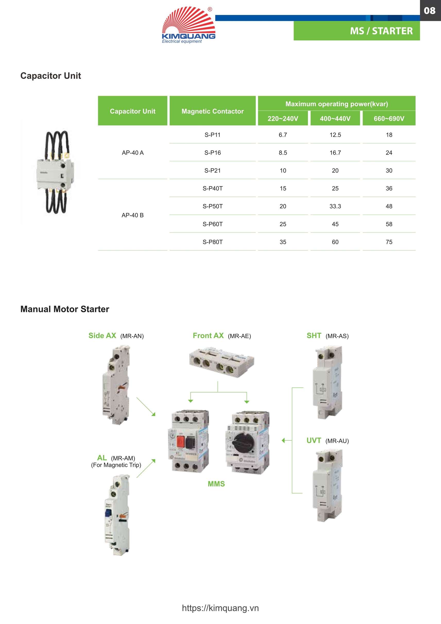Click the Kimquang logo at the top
click(x=188, y=25)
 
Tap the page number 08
click(x=429, y=11)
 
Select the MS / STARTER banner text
click(x=381, y=31)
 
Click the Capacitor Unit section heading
click(x=50, y=76)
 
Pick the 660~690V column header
click(x=388, y=118)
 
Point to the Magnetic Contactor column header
click(x=212, y=111)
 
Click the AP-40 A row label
click(x=133, y=153)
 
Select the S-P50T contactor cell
click(x=212, y=206)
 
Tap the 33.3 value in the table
click(x=335, y=206)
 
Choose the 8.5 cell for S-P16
click(x=283, y=153)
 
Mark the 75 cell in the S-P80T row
click(x=388, y=242)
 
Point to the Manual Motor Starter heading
click(x=65, y=309)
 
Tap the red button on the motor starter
click(x=180, y=441)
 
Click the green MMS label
click(x=216, y=484)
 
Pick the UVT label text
click(x=314, y=441)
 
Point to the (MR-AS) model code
click(x=337, y=336)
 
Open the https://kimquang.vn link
click(x=220, y=608)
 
